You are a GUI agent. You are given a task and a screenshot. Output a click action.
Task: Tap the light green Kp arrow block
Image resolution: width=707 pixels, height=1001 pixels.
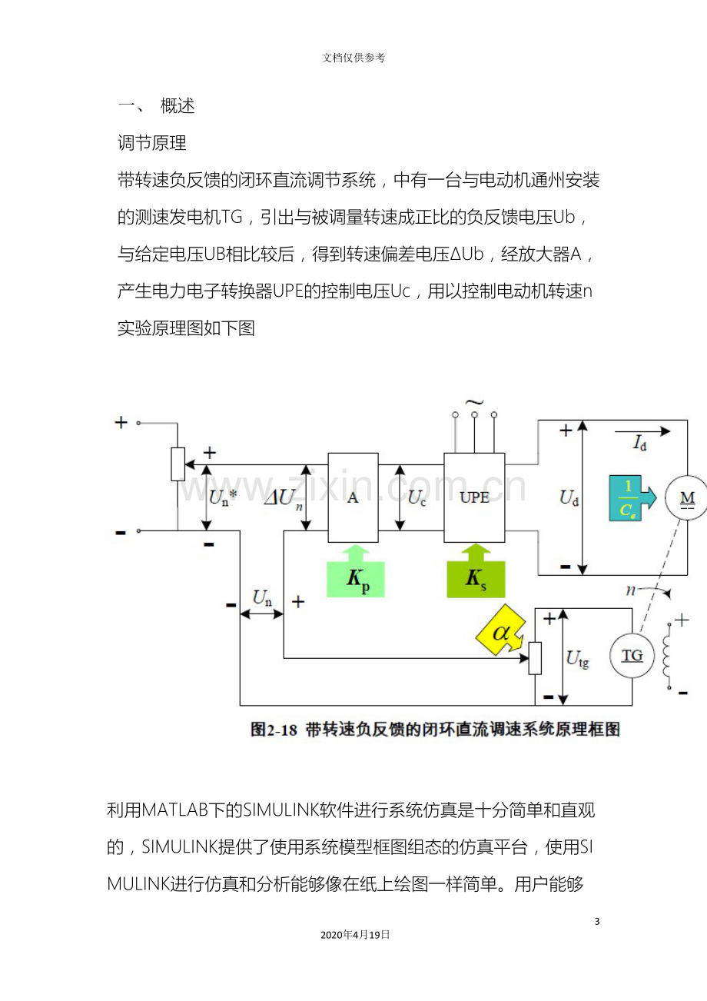coord(356,571)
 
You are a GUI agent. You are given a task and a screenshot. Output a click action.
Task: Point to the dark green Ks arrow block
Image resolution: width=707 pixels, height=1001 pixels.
coord(476,570)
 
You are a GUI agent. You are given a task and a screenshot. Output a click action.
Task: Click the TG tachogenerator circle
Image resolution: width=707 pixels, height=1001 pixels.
coord(632,655)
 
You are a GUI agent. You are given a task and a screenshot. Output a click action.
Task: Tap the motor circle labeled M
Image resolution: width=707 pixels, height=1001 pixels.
coord(687,497)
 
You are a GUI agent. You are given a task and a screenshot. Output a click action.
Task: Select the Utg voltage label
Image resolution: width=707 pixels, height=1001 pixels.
coord(577,659)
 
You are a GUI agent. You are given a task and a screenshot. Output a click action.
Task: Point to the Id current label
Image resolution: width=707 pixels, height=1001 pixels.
coord(639,443)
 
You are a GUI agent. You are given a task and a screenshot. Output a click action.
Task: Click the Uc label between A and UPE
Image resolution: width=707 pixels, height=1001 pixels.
coord(417,498)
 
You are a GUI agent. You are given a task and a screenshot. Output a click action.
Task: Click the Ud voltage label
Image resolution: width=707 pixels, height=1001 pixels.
coord(569,498)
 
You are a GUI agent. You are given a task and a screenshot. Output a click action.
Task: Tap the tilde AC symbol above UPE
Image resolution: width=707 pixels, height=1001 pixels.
coord(474,402)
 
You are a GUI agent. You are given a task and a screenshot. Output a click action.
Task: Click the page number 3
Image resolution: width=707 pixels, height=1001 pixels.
coord(597,921)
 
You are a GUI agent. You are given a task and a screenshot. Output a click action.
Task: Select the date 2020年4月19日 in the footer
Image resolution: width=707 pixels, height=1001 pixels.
coord(355,934)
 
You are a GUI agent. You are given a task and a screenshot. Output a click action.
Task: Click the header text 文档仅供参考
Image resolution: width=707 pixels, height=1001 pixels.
coord(353,58)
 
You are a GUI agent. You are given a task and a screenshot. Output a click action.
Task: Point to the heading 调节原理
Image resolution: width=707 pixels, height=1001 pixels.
coord(152,143)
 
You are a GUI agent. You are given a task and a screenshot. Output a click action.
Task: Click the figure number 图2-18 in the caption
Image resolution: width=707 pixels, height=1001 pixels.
coord(274,730)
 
